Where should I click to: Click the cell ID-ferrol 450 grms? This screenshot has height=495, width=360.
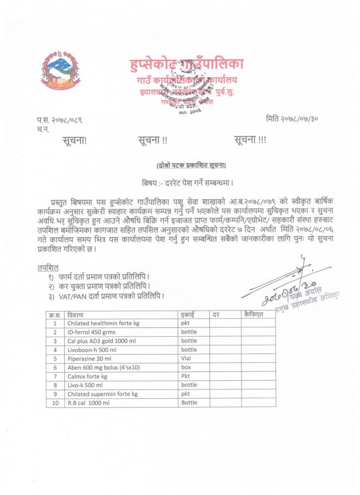click(x=90, y=332)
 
